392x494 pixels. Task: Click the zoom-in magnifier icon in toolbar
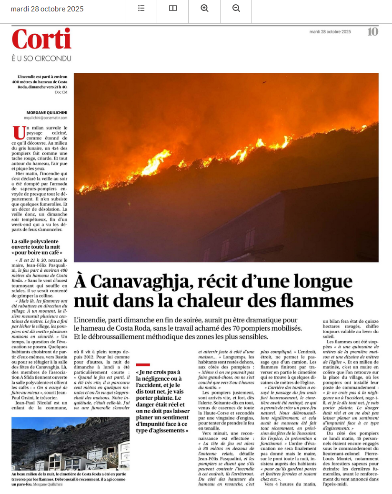point(205,8)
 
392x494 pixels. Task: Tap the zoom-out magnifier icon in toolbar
point(236,8)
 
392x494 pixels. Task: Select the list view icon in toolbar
point(141,8)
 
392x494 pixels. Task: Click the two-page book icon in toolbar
point(173,8)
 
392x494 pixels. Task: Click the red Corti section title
point(41,39)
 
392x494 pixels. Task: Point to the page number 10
point(373,32)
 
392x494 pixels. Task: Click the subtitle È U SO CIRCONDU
point(41,58)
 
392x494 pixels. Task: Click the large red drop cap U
point(19,132)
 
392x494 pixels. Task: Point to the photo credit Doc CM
point(61,92)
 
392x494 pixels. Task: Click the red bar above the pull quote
point(142,365)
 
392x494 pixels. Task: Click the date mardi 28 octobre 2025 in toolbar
point(47,9)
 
